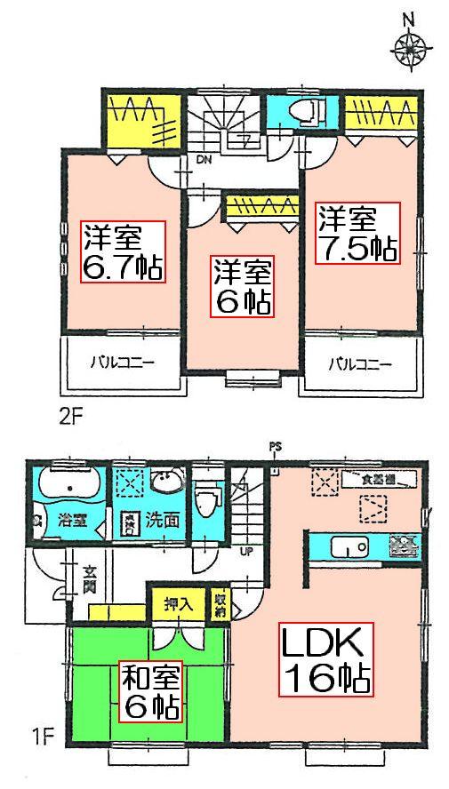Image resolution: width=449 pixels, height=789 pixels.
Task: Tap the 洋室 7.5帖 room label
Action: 357,233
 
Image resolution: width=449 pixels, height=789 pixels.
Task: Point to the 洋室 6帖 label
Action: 241,286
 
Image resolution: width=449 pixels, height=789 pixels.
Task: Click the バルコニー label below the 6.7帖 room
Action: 122,363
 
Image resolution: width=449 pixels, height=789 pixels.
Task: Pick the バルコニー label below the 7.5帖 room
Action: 360,363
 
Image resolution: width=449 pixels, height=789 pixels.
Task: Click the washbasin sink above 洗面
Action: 165,482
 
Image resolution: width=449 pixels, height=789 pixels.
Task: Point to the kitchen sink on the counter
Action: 343,546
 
